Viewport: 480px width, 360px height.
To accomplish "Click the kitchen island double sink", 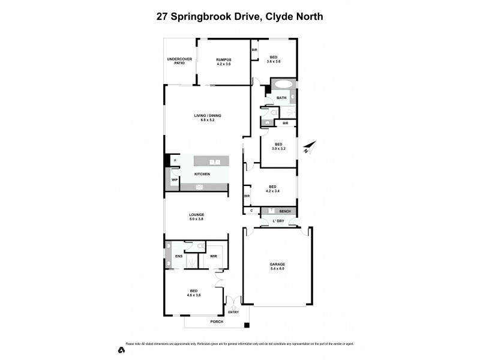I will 215,162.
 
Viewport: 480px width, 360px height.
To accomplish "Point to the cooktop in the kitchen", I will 200,187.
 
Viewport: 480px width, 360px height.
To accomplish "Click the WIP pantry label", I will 173,179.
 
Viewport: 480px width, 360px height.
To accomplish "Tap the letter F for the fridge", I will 175,161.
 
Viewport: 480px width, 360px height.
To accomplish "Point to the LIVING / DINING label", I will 204,118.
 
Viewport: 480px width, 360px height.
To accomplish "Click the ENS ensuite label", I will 178,256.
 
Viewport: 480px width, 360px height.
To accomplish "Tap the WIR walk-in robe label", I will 213,256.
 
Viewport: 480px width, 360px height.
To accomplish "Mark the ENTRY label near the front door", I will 233,312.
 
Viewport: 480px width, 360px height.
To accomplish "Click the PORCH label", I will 217,322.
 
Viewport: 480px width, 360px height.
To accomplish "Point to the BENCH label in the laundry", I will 285,211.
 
